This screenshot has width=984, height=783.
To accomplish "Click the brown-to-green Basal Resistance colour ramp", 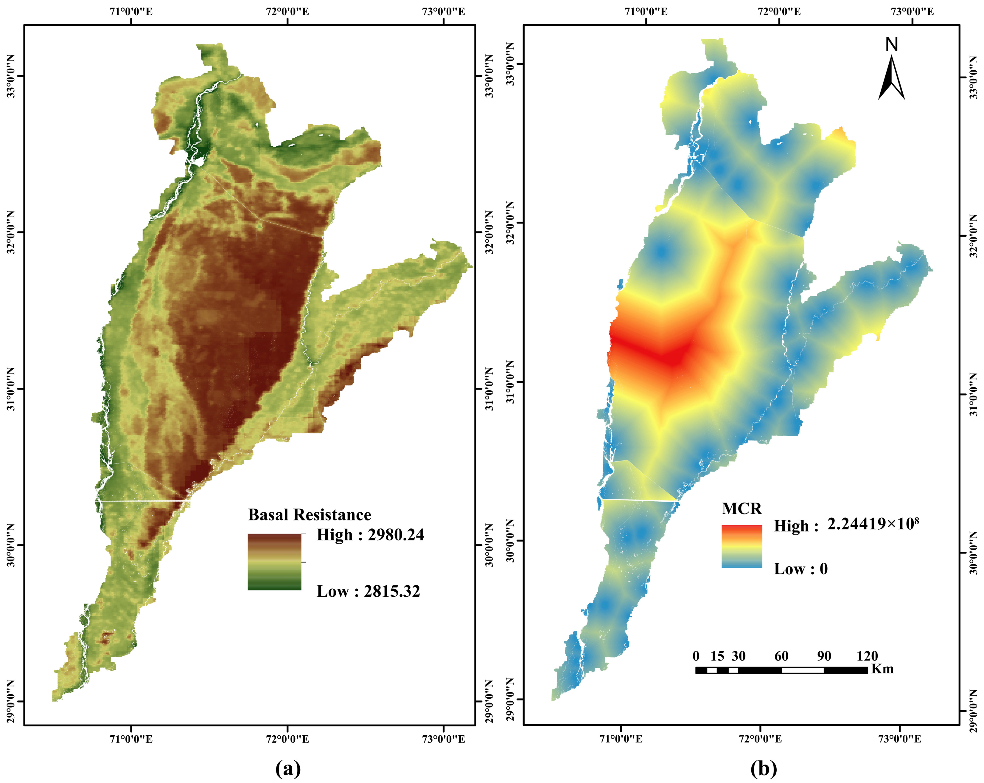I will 274,562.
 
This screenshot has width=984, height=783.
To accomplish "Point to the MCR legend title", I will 742,508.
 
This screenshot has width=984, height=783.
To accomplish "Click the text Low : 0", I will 800,569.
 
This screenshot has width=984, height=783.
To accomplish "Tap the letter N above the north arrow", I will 891,45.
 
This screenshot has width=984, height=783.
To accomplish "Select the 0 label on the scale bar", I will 696,656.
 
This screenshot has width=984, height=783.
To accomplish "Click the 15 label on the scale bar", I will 717,656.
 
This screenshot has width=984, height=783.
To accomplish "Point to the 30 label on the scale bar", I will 739,656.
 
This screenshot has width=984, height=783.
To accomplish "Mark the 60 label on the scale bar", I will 781,656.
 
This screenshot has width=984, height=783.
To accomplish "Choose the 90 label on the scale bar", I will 824,656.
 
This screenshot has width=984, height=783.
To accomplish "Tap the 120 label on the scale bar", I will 867,656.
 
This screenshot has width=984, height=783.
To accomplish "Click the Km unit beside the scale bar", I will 882,669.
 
